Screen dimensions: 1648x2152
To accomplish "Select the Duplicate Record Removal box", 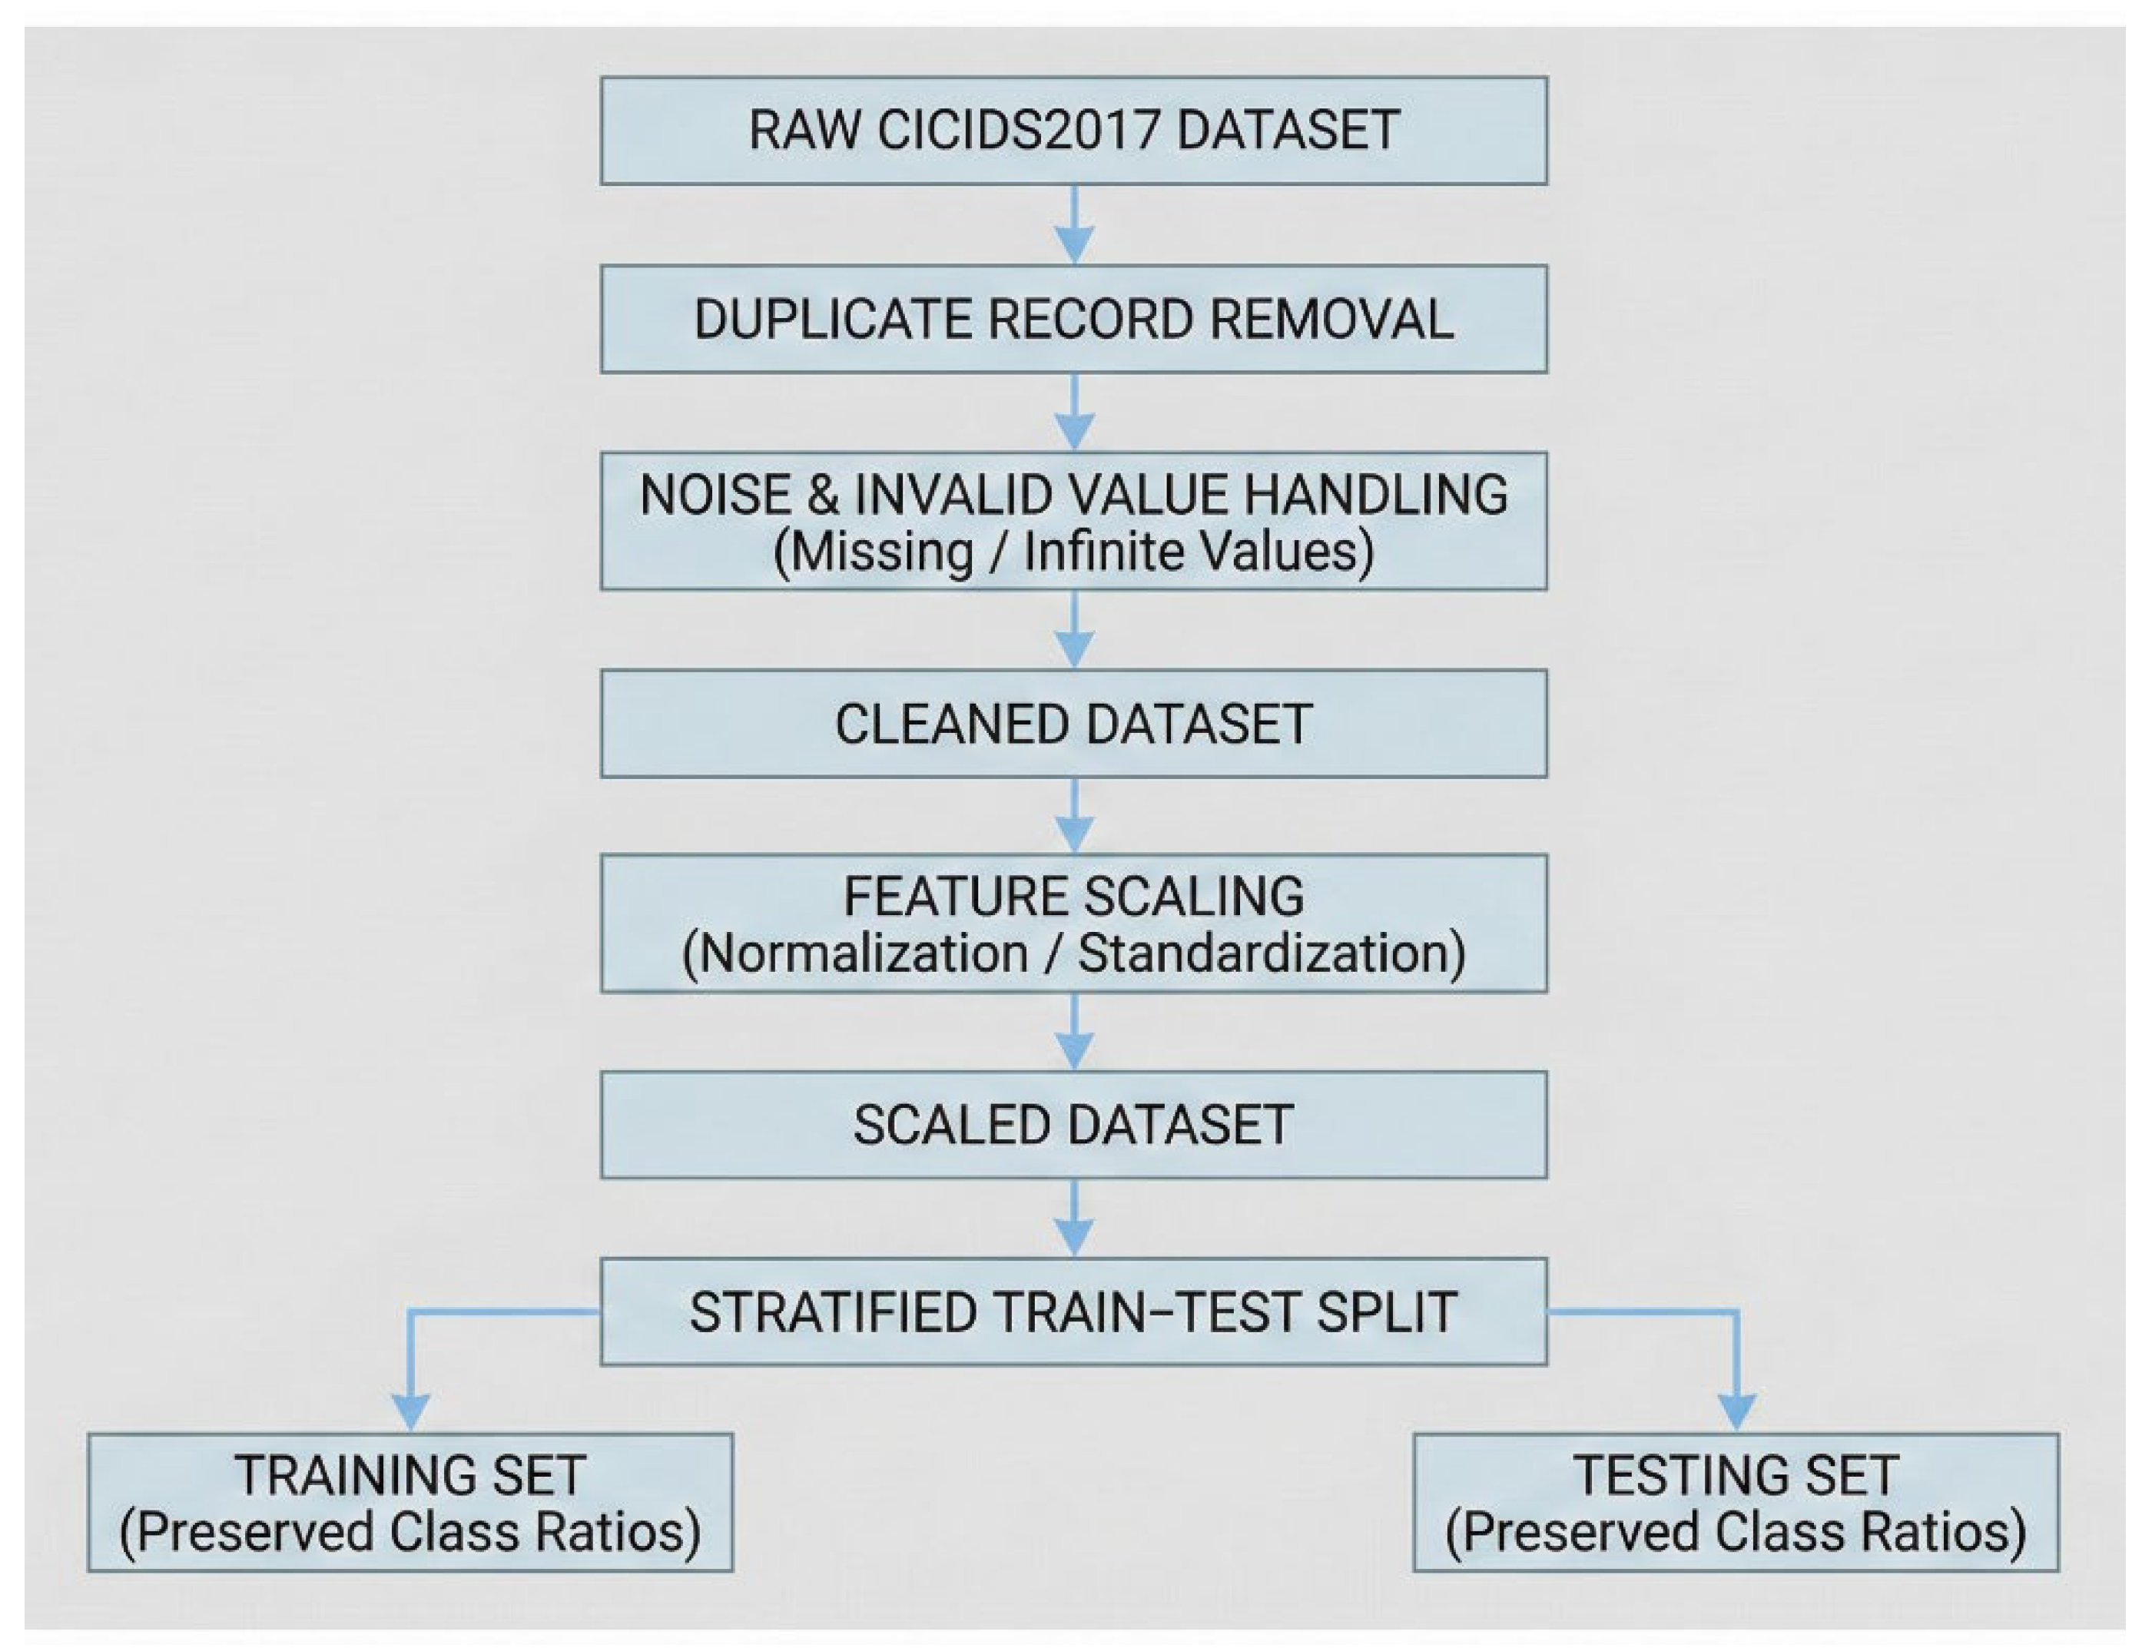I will click(x=1073, y=319).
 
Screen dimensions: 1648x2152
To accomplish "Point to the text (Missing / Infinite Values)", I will click(x=1073, y=552).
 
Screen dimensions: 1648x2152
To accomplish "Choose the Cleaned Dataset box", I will click(x=1073, y=724).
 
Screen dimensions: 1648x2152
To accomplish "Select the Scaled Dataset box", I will click(x=1073, y=1124).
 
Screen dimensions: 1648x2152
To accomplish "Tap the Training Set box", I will click(x=410, y=1503).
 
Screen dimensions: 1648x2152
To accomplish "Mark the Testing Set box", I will click(x=1736, y=1503).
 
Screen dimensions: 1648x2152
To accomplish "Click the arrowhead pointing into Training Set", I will click(x=411, y=1413).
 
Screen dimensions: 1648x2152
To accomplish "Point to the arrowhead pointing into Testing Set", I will click(x=1737, y=1413).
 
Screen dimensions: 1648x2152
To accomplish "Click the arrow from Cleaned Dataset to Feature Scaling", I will click(x=1074, y=816).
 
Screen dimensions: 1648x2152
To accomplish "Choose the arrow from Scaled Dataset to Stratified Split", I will click(x=1074, y=1219).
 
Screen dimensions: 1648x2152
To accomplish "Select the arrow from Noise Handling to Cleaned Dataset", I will click(x=1074, y=630).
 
